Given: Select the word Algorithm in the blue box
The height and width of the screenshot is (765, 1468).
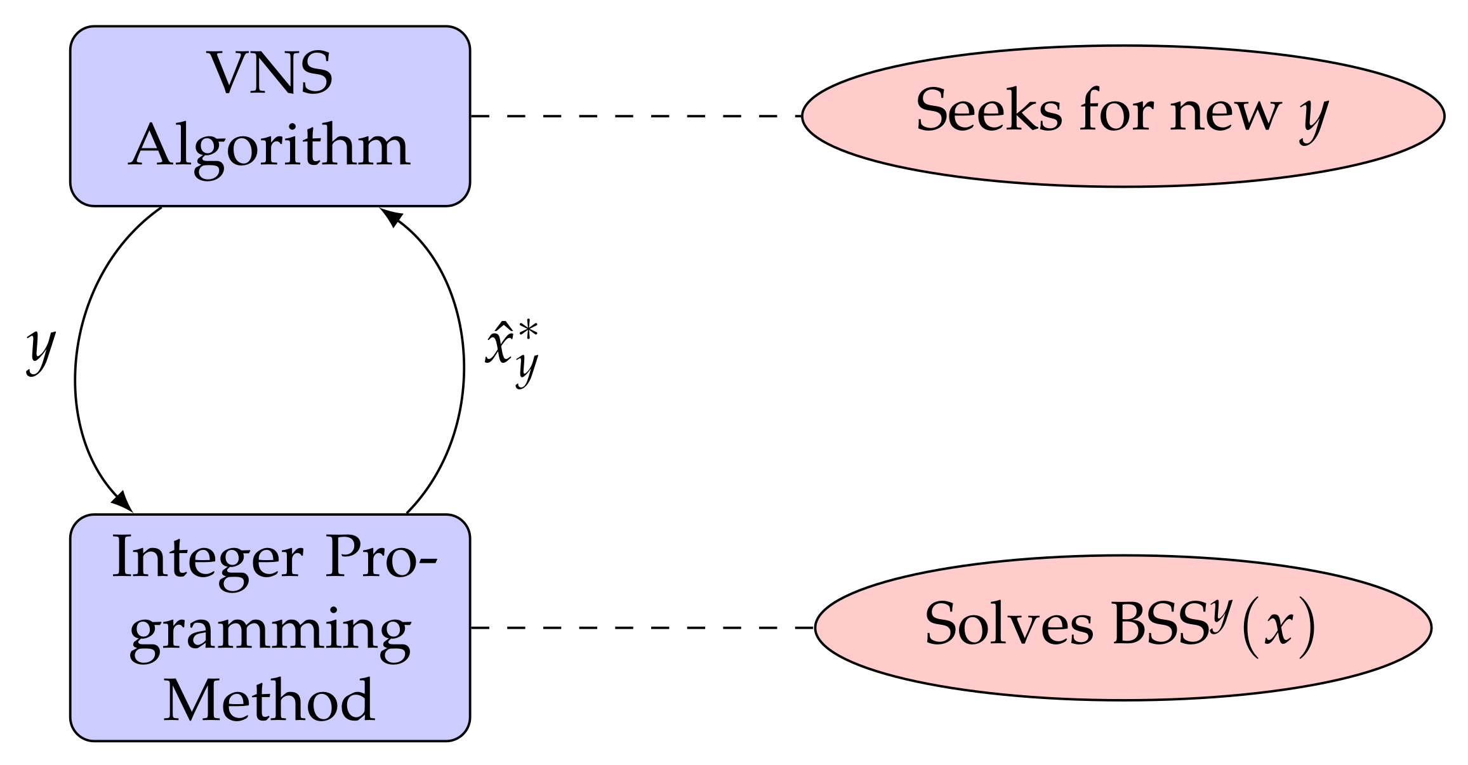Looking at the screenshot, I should (x=270, y=147).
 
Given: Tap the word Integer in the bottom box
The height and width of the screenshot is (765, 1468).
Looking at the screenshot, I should (x=208, y=558).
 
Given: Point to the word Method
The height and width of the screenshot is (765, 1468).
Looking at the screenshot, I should (x=269, y=701).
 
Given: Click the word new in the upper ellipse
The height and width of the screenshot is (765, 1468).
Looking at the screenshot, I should (x=1226, y=112).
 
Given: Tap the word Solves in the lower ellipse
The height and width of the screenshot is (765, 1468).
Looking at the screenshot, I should (x=1008, y=625).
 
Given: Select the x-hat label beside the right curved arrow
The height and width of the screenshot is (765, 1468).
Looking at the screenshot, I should (x=512, y=352).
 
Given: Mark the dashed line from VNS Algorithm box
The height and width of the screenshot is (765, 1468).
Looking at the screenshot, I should (x=635, y=116).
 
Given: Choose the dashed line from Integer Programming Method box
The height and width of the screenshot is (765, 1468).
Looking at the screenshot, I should (x=641, y=627).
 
